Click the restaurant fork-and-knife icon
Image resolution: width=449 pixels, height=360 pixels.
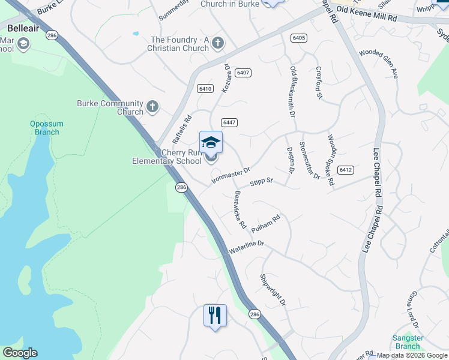pos(215,315)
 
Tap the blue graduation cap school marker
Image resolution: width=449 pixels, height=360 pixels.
pos(211,142)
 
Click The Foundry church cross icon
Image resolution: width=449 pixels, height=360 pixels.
pos(217,43)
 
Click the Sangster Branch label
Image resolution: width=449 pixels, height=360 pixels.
pos(408,342)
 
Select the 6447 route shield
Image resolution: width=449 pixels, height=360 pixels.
pos(229,122)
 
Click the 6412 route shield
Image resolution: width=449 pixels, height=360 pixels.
pos(345,170)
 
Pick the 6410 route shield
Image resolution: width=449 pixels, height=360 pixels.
pos(205,89)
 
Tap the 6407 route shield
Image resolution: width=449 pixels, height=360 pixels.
pos(243,73)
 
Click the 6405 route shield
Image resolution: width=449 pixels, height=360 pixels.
pos(298,38)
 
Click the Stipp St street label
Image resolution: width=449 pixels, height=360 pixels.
pos(261,181)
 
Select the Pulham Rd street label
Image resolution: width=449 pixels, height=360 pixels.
pos(266,224)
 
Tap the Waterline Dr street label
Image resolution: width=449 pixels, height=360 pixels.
pos(247,245)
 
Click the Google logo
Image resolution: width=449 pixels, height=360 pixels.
pos(20,353)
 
